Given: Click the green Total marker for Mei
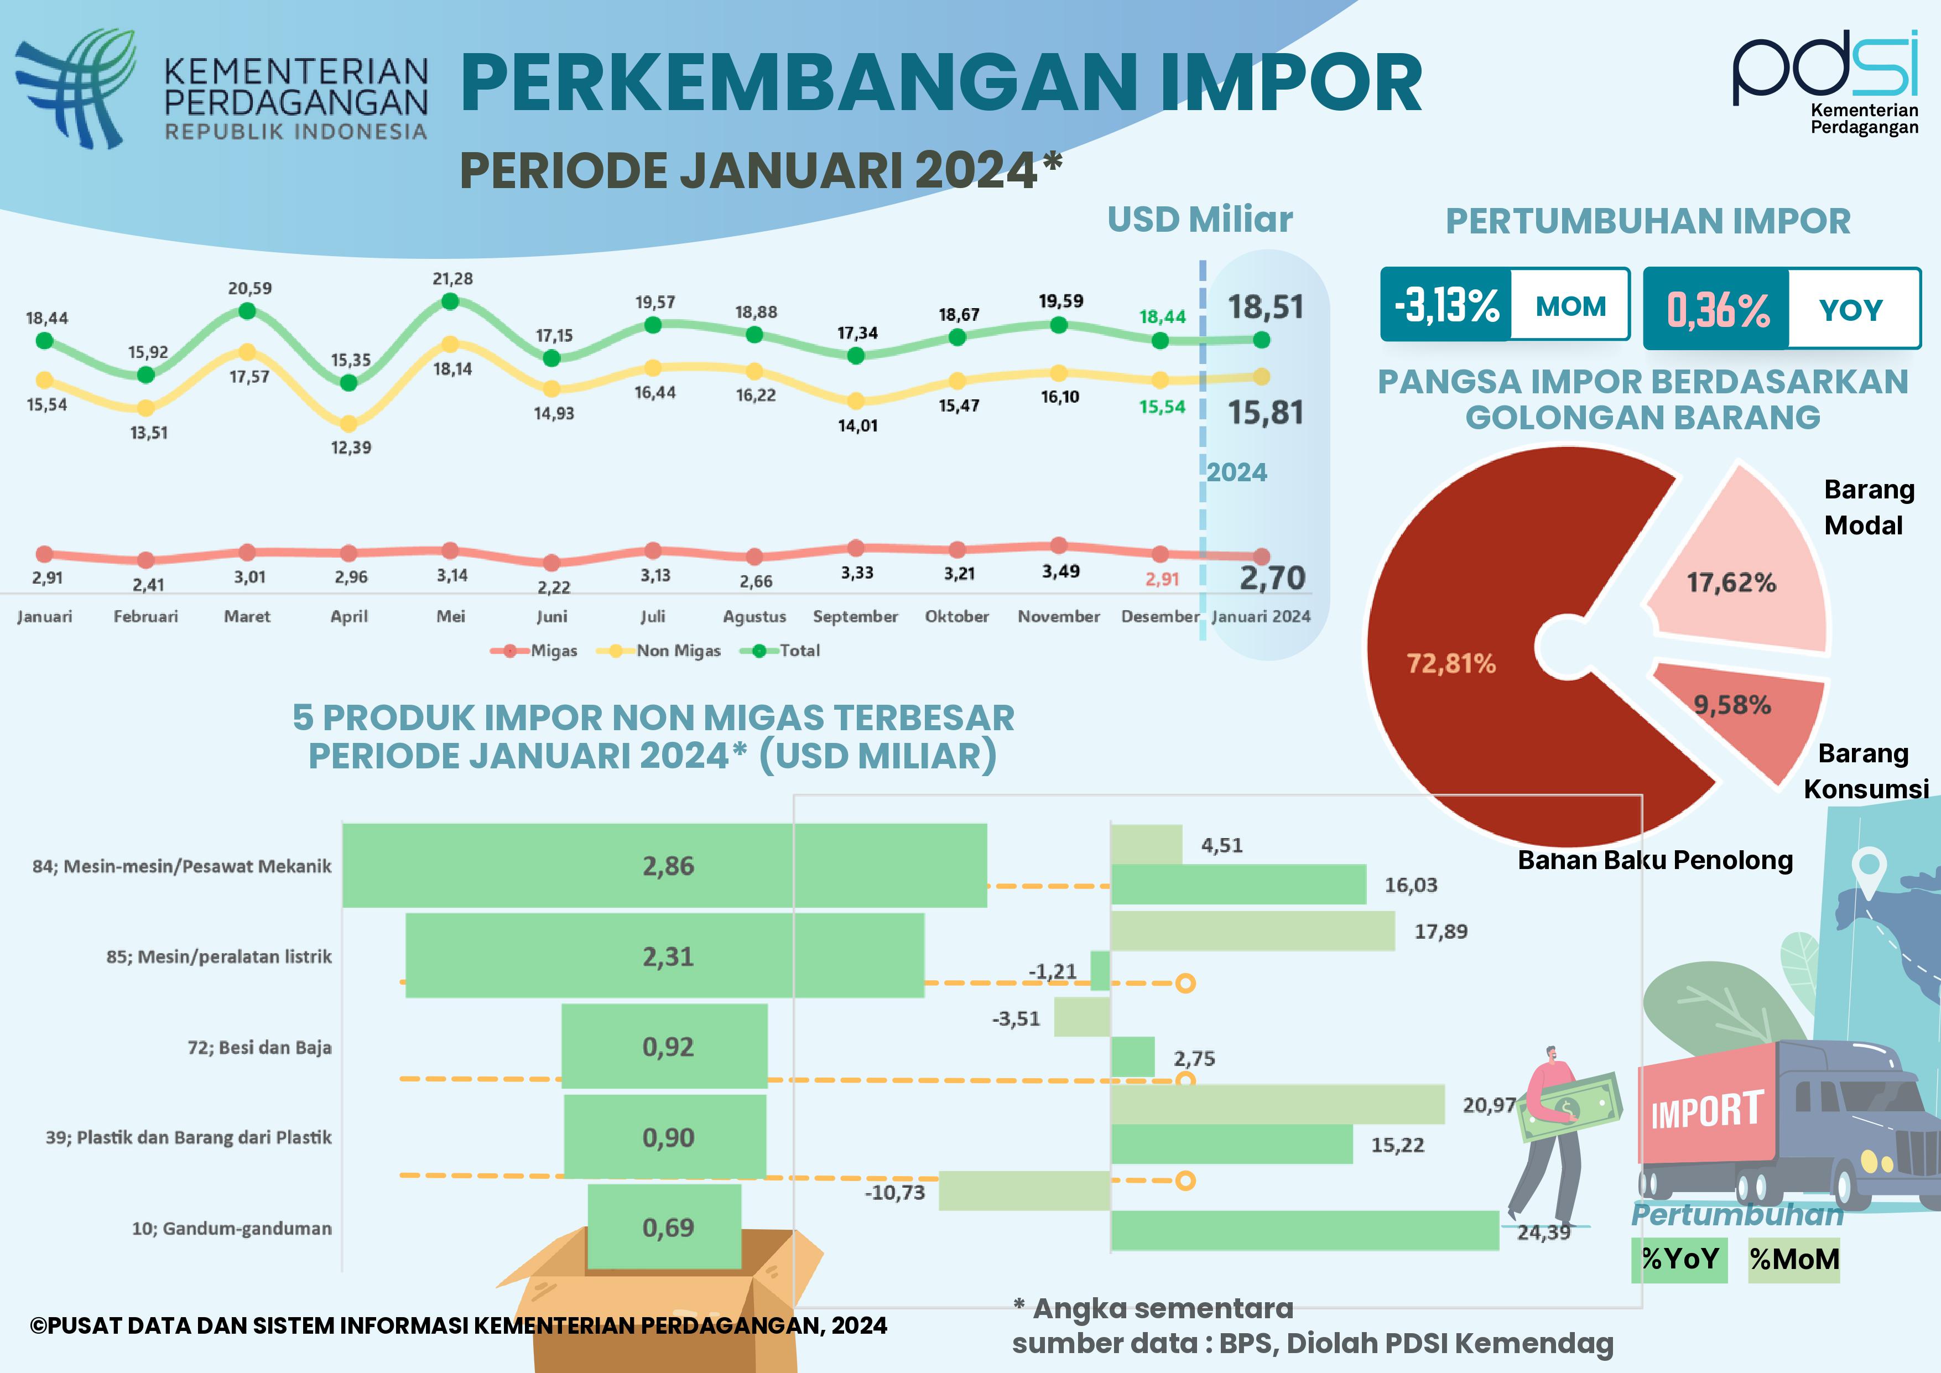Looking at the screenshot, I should [451, 301].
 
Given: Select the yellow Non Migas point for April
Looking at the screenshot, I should [348, 423].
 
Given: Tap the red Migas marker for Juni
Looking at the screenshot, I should [551, 562].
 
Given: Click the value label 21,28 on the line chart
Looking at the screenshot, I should [452, 278].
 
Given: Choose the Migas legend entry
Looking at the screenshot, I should [534, 650].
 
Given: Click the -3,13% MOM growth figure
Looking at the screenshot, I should [1446, 305].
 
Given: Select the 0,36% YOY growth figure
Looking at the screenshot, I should [1717, 309].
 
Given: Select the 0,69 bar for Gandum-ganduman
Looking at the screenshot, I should [664, 1227].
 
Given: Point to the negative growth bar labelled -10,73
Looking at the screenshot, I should [1024, 1190].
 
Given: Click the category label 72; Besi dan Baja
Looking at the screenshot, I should [259, 1048].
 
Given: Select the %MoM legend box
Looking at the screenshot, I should [1794, 1260].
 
